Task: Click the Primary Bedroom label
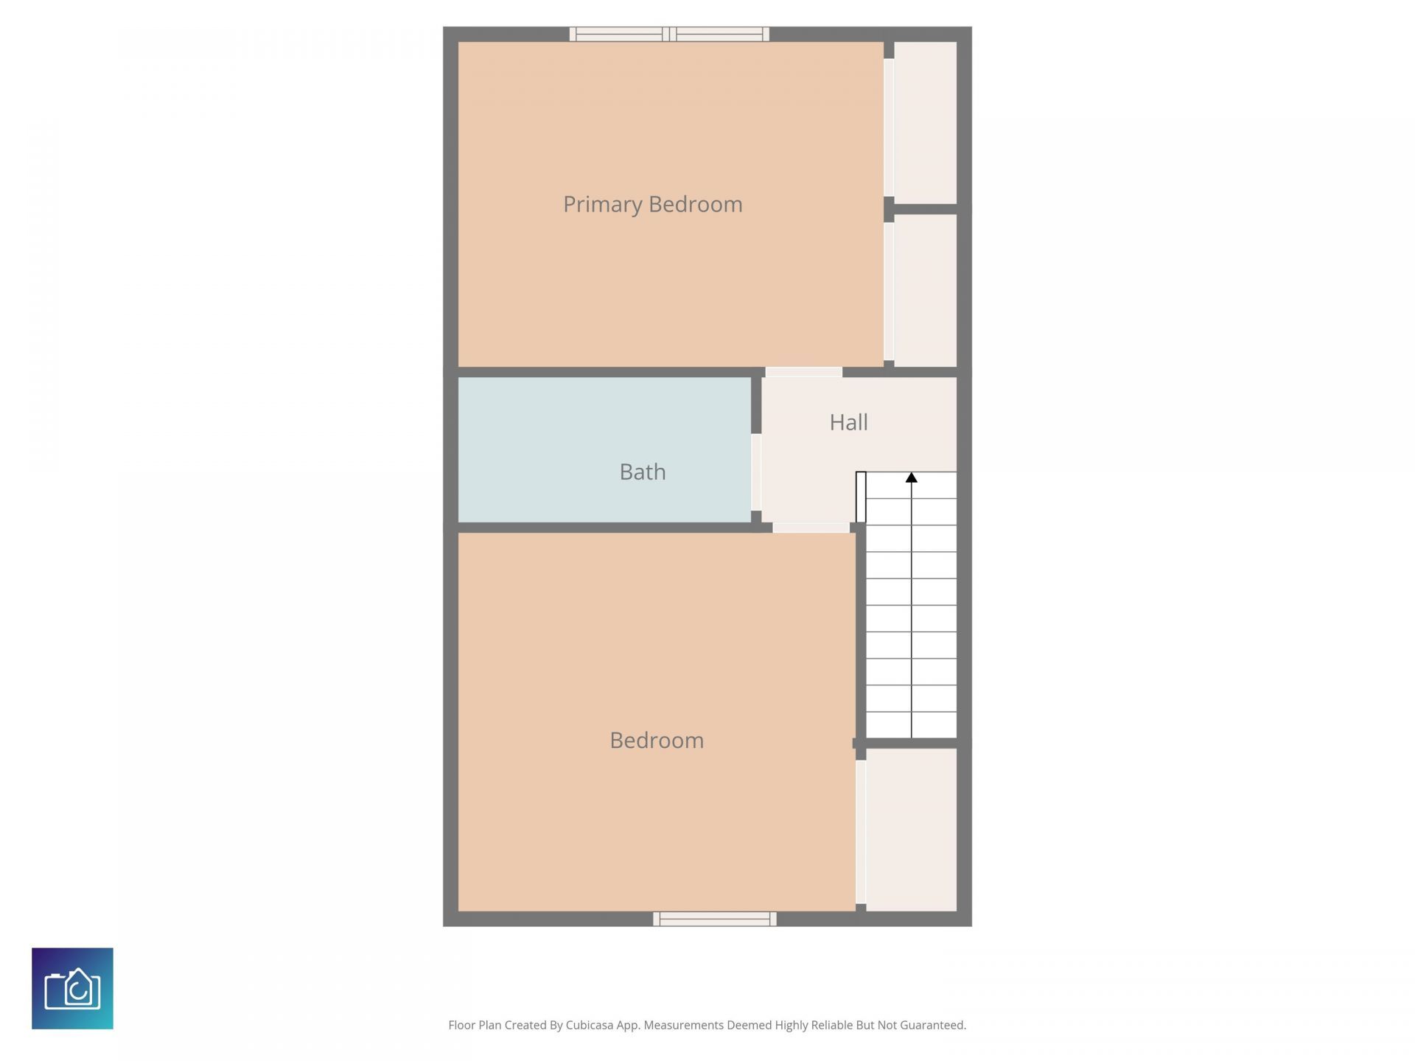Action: click(652, 204)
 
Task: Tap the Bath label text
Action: click(642, 472)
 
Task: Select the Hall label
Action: click(848, 422)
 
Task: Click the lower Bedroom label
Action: click(656, 740)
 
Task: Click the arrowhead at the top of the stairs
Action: click(912, 478)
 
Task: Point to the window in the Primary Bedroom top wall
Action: click(669, 34)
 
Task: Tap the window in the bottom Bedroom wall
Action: click(714, 919)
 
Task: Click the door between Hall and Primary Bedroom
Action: click(803, 372)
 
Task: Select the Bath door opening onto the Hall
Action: click(756, 472)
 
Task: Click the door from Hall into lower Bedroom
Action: click(811, 528)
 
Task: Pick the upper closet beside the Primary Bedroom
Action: click(925, 122)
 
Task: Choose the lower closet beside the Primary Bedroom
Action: click(925, 290)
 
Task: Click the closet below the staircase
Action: click(911, 829)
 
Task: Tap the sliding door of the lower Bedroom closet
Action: click(860, 831)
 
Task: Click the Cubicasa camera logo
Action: click(72, 988)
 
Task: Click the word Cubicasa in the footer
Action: click(590, 1025)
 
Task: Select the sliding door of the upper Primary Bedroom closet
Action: click(889, 127)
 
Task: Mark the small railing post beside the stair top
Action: click(861, 497)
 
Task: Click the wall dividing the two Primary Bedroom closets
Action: click(925, 209)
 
